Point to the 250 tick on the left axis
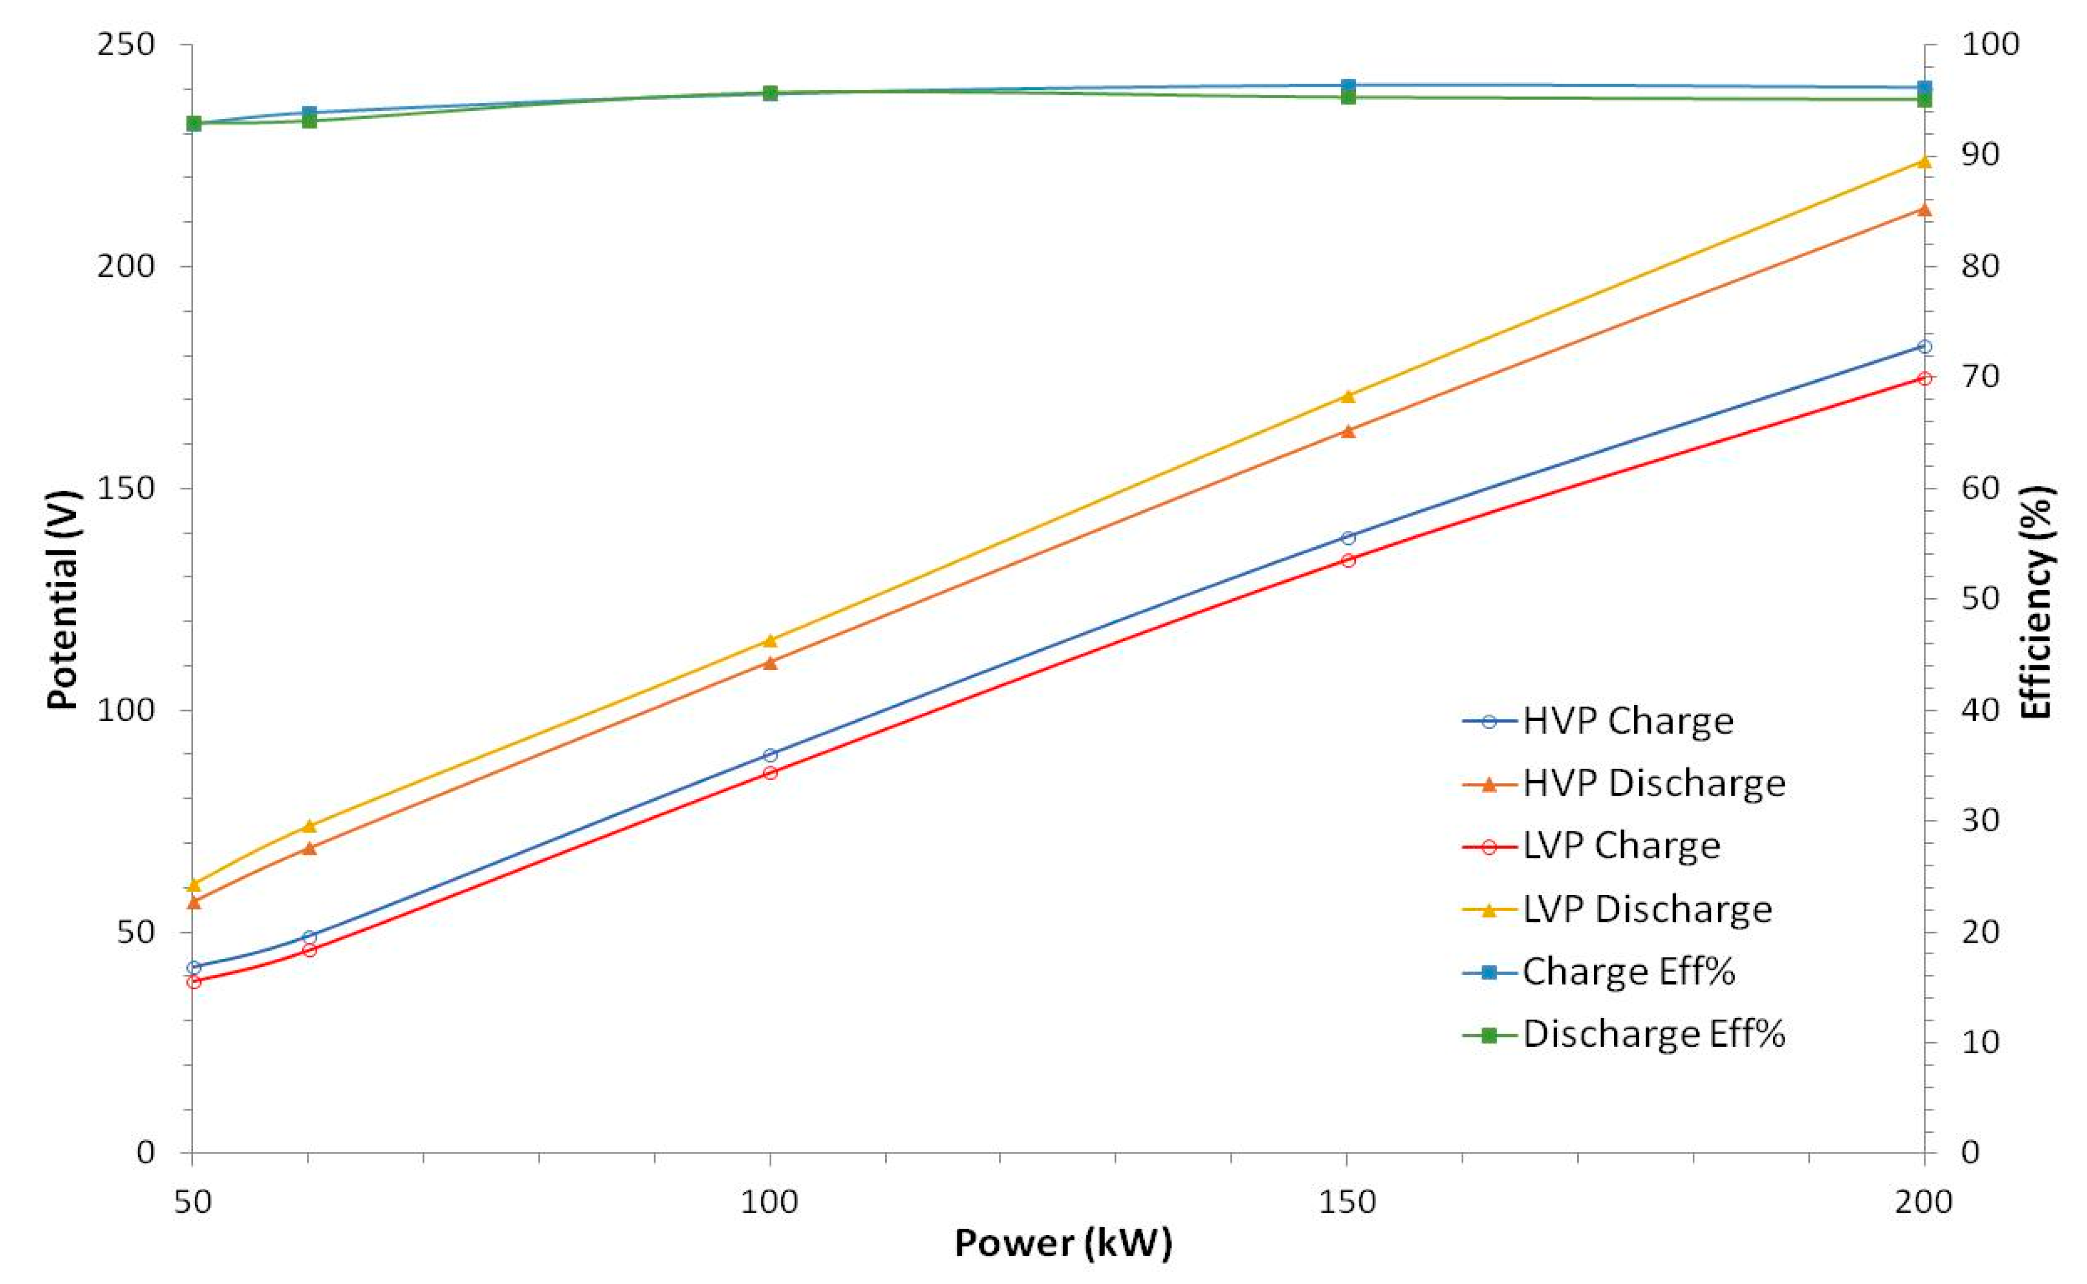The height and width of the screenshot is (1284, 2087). click(x=126, y=44)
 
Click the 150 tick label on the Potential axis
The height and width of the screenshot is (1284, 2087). click(x=126, y=488)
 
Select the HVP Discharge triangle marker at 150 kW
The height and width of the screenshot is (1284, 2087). click(x=1347, y=430)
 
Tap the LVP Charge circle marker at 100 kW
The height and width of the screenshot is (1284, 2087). click(x=770, y=773)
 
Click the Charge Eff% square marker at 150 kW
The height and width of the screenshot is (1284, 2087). click(x=1347, y=86)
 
